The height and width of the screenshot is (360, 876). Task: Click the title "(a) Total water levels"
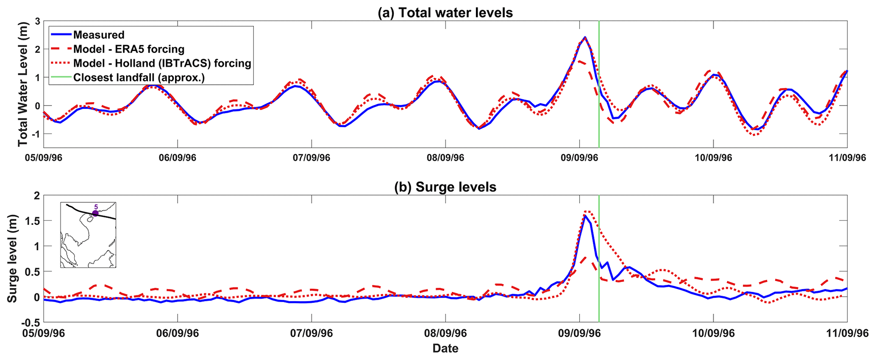(445, 13)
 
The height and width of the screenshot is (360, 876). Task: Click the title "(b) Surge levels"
(445, 187)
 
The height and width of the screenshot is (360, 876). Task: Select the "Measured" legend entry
(99, 35)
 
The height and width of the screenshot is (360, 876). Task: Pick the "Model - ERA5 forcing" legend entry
(128, 49)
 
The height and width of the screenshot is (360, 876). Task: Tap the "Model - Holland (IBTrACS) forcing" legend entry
(162, 64)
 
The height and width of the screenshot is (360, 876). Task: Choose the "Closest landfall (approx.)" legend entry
(139, 78)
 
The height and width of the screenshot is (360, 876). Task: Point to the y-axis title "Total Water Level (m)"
(22, 85)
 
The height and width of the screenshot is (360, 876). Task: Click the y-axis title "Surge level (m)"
(12, 258)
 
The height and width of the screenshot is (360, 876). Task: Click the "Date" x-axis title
(445, 349)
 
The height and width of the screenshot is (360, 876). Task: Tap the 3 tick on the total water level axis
(37, 21)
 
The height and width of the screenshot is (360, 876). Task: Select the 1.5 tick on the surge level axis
(33, 221)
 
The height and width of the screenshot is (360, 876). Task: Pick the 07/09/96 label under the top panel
(311, 158)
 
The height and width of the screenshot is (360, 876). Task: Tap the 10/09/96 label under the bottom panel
(713, 333)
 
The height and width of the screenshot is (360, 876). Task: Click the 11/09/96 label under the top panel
(847, 158)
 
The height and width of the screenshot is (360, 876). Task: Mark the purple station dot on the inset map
(95, 213)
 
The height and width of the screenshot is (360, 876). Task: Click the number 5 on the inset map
(96, 207)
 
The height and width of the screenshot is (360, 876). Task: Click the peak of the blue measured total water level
(585, 37)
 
